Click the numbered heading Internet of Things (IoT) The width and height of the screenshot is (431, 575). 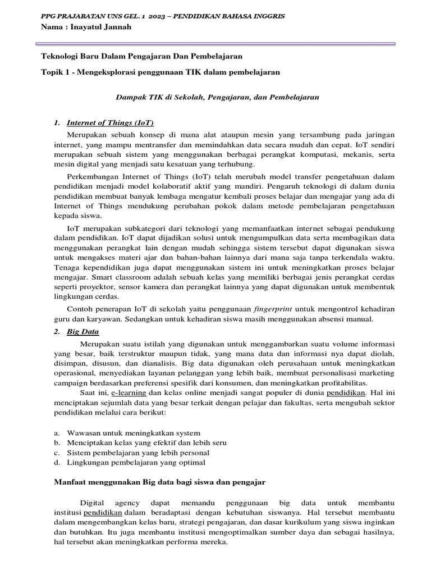[110, 122]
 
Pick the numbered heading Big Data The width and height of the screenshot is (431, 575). [82, 331]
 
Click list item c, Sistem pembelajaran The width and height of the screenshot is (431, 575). [138, 453]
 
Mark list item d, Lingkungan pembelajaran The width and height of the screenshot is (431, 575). [136, 462]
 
